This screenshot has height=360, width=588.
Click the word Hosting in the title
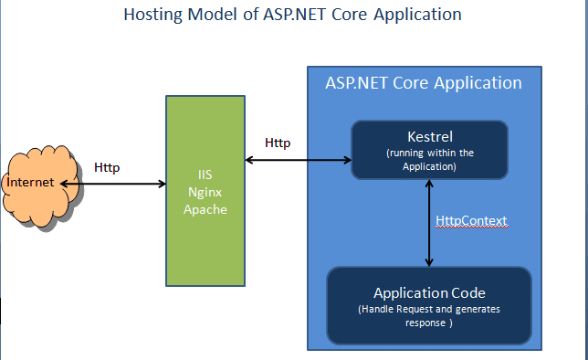(152, 15)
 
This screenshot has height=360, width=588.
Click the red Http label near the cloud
(107, 167)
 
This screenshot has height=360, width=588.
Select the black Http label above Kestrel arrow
(278, 143)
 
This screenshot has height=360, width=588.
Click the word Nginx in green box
(205, 193)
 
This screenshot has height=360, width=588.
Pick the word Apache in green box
(205, 208)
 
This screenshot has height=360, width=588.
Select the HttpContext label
(471, 221)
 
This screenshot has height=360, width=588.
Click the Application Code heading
(429, 293)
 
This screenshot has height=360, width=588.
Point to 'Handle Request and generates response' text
(429, 316)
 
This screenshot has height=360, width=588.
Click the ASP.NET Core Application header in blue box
(424, 82)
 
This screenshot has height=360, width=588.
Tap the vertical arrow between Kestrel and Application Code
(429, 222)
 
